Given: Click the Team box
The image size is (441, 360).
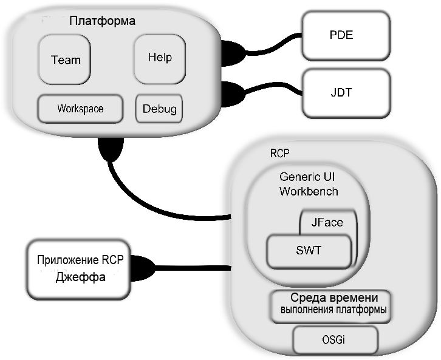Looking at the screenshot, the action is click(64, 59).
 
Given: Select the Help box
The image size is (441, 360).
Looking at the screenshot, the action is click(160, 59).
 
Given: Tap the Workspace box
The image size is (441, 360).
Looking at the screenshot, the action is click(80, 109).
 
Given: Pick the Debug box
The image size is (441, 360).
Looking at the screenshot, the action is click(159, 109).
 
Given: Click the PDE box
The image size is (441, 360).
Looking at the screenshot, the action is click(346, 36).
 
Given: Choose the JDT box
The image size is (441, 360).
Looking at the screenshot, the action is click(346, 93).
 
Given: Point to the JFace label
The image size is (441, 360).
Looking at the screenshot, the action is click(327, 223).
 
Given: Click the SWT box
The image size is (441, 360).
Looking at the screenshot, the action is click(309, 251).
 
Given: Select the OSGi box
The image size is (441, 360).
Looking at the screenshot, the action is click(335, 340).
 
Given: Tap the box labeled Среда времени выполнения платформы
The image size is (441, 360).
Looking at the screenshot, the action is click(330, 307).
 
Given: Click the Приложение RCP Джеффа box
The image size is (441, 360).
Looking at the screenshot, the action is click(79, 270).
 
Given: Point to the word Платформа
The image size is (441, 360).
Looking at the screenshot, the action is click(103, 21).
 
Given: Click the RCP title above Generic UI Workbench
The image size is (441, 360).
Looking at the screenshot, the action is click(279, 154).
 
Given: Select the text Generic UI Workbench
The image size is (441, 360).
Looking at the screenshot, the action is click(309, 184).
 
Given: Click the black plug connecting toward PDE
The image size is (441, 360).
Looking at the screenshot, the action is click(233, 53).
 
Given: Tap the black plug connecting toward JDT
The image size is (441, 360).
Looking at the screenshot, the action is click(233, 94).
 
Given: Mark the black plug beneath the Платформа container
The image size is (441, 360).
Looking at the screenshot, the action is click(111, 149).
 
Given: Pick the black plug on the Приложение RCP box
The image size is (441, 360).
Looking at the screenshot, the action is click(142, 268).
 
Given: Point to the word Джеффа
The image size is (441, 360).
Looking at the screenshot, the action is click(80, 277).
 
